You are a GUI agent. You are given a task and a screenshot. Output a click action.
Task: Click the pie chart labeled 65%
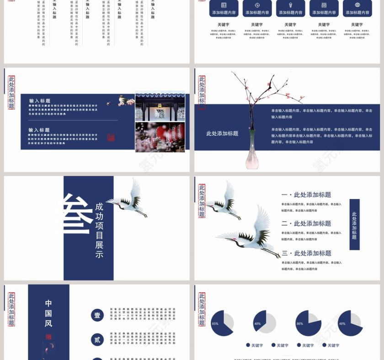pos(222,323)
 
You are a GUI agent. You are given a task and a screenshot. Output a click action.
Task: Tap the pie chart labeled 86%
pos(308,323)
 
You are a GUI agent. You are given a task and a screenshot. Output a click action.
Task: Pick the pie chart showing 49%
pos(350,323)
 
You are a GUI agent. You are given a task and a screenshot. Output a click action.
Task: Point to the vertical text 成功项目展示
pos(99,230)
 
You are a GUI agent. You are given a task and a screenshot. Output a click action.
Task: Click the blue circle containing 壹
pos(97,315)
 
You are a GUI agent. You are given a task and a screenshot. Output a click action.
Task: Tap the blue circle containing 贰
pos(97,339)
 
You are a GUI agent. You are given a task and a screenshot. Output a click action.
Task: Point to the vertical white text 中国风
pos(48,313)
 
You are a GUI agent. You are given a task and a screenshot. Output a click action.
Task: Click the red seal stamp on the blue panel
pos(111,137)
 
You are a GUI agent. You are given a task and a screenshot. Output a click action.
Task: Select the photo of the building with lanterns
pos(160,107)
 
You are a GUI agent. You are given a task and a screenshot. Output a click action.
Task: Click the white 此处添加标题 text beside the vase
pos(222,133)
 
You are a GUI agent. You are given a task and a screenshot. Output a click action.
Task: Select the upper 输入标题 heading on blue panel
pos(40,101)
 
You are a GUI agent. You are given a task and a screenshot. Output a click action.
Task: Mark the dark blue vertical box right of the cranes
pos(354,224)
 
